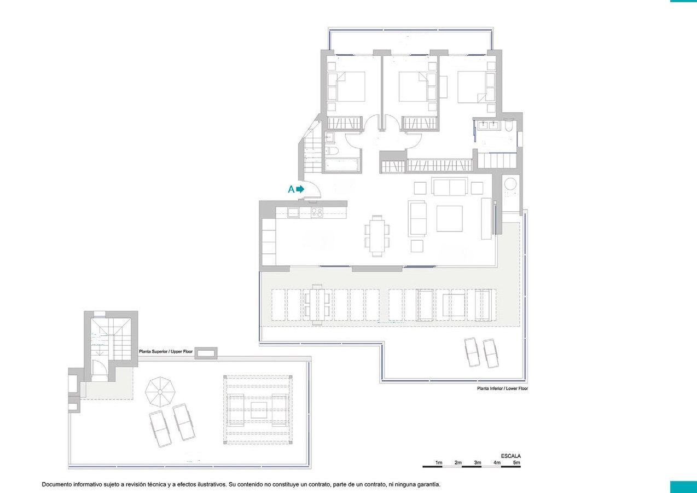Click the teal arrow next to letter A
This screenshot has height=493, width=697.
[300, 189]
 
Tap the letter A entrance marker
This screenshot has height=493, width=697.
[291, 189]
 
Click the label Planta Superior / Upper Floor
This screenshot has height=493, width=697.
[166, 351]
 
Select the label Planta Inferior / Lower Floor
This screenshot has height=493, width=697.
[503, 388]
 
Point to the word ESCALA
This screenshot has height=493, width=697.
[510, 456]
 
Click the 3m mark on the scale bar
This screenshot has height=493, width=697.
[477, 462]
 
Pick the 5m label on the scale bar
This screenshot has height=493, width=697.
[516, 462]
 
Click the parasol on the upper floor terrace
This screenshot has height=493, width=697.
[160, 392]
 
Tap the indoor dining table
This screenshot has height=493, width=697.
[377, 235]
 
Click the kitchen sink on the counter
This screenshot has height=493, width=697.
[293, 212]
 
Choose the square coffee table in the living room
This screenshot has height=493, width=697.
[449, 218]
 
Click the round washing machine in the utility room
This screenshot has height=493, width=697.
[510, 184]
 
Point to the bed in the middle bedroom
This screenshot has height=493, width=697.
[414, 86]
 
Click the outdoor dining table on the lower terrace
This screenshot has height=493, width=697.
[317, 305]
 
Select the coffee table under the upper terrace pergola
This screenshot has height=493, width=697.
[259, 410]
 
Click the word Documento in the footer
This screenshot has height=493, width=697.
[55, 485]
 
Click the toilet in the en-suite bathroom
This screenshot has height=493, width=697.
[509, 126]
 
